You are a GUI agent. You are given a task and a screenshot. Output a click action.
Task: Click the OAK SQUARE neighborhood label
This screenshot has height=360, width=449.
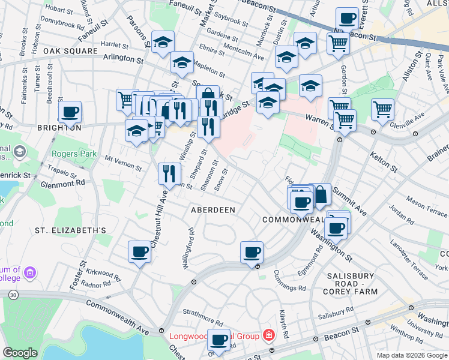click(x=70, y=51)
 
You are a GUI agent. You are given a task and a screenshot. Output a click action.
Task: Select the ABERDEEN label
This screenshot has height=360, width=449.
click(x=212, y=210)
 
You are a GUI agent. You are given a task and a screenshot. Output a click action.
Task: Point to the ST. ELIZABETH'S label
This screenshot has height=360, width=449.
click(x=70, y=230)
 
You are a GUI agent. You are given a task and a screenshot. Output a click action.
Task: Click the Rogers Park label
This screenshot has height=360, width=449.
click(x=74, y=154)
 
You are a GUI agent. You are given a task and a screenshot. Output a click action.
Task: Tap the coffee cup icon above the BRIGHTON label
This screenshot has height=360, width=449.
click(x=70, y=112)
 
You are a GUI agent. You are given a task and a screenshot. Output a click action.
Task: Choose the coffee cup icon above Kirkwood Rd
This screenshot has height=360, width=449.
click(x=139, y=252)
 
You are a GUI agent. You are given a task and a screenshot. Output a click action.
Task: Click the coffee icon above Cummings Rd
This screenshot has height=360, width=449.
click(x=252, y=252)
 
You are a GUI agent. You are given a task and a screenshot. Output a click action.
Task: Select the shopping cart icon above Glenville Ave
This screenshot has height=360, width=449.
click(x=382, y=110)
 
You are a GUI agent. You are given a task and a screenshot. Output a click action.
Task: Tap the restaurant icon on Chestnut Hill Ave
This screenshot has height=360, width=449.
click(x=169, y=174)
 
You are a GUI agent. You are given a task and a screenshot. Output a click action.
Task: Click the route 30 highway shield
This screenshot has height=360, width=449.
click(x=13, y=295)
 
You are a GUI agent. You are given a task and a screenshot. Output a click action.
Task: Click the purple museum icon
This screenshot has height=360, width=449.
click(x=30, y=274)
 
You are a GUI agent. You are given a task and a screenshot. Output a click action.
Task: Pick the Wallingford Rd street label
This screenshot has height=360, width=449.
click(x=188, y=248)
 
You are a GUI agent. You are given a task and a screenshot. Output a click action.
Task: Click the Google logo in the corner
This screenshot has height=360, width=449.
click(x=20, y=352)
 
